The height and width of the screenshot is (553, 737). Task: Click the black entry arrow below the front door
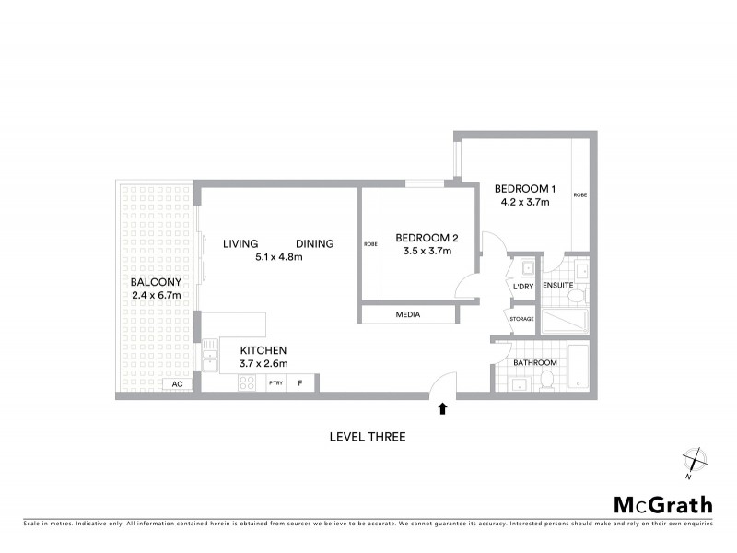tap(443, 408)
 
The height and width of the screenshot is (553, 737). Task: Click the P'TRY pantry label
tap(275, 383)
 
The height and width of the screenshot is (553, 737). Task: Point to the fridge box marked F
tap(300, 383)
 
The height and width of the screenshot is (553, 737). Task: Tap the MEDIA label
tap(407, 314)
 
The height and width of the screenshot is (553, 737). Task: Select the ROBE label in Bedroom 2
tap(370, 244)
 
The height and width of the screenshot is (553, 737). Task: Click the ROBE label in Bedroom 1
tap(579, 195)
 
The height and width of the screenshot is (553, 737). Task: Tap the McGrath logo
tap(662, 504)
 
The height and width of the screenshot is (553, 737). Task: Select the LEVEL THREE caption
tap(368, 437)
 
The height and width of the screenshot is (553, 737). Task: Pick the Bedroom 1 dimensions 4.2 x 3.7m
tap(524, 201)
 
